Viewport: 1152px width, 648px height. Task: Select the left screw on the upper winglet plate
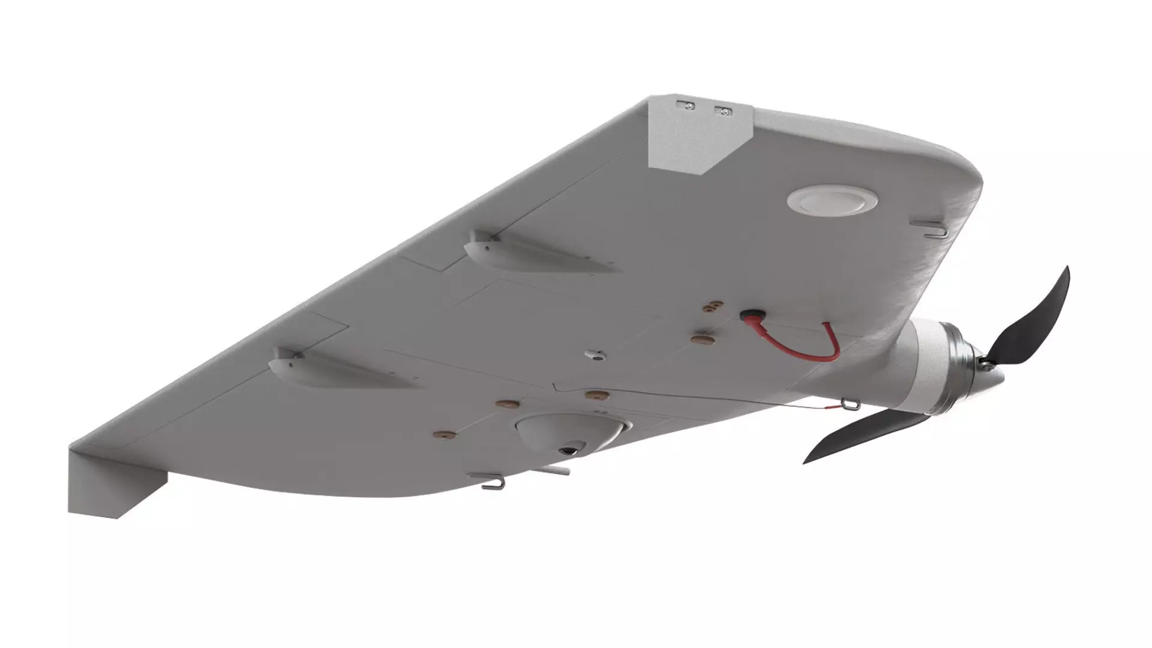(x=689, y=106)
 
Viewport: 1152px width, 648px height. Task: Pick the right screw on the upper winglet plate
(x=724, y=111)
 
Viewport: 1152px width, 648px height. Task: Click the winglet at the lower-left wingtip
(x=114, y=480)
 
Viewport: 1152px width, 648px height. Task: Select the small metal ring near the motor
(x=847, y=403)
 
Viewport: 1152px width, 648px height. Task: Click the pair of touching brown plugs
(x=712, y=308)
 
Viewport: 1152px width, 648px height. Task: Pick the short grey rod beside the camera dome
(x=555, y=471)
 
